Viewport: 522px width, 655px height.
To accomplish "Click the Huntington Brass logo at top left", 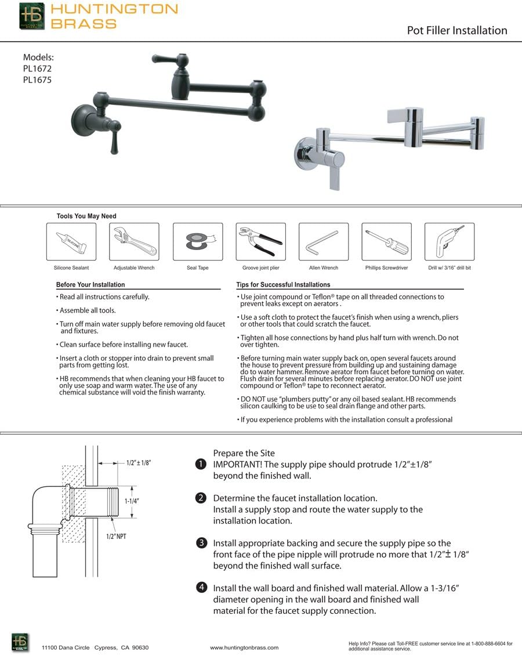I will [31, 16].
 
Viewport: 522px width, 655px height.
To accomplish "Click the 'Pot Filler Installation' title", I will [457, 31].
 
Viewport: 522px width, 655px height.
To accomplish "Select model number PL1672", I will [37, 68].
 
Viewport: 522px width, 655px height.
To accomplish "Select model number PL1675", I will [37, 80].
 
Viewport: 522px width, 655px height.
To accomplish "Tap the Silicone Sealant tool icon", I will [71, 242].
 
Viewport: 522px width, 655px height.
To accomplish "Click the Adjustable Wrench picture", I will [134, 242].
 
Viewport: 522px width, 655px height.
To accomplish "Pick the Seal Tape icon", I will [198, 242].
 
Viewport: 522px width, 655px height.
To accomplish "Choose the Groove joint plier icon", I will [260, 242].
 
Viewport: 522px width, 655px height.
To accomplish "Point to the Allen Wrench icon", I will [324, 242].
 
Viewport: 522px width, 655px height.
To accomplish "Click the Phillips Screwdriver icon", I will [386, 242].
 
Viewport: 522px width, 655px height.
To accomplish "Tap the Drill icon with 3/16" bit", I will [449, 242].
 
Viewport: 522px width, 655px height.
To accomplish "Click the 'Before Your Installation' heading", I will [90, 285].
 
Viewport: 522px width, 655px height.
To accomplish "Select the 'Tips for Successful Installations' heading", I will [283, 285].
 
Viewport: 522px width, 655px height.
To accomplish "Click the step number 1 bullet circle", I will [201, 464].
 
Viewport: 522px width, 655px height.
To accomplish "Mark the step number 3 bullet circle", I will [201, 544].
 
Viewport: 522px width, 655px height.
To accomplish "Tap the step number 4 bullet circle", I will [201, 588].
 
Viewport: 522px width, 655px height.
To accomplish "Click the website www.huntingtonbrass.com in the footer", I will [244, 647].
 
